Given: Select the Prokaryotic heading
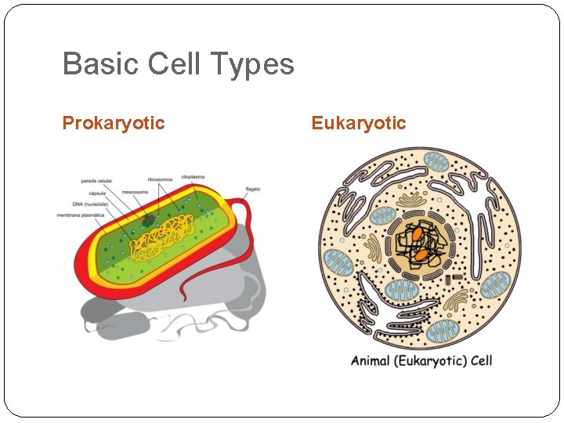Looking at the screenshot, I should tap(114, 123).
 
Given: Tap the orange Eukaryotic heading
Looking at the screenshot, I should tap(358, 123).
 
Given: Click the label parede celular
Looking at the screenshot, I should tap(97, 181).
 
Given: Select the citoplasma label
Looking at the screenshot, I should tap(193, 177).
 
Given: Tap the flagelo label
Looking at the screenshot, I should tap(253, 189).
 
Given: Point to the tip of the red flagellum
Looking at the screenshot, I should tap(182, 299).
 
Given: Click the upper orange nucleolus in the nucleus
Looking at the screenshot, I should tap(419, 233).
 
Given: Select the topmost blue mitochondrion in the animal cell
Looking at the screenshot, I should tap(436, 163).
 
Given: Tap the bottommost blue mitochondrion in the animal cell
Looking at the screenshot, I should tap(443, 330).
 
